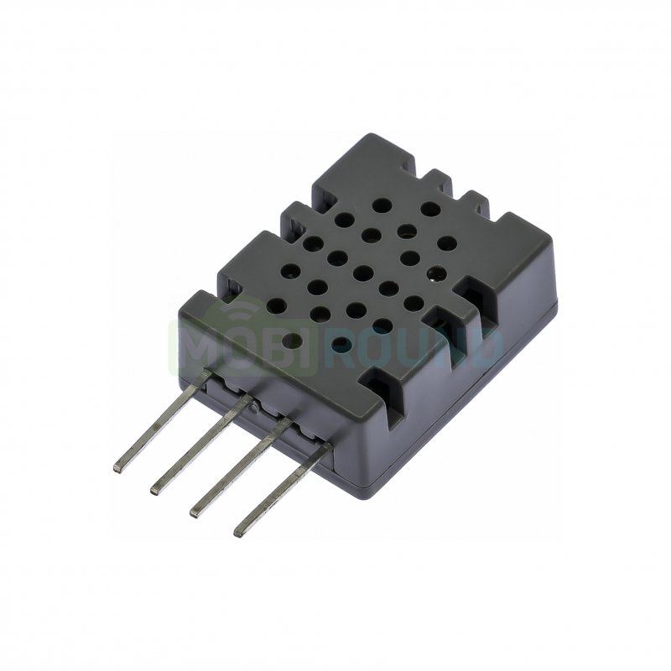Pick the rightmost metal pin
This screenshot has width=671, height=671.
pyautogui.click(x=283, y=489)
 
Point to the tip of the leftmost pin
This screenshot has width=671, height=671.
pyautogui.click(x=118, y=468)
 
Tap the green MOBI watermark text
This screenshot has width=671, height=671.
pyautogui.click(x=246, y=347)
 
